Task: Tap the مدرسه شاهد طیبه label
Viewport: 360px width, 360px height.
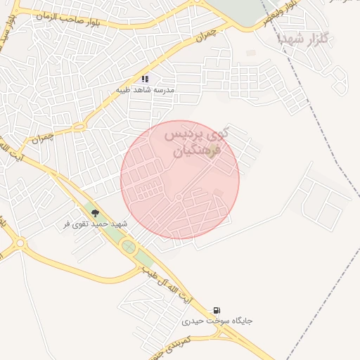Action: click(146, 91)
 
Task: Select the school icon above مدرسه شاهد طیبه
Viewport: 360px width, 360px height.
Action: click(145, 79)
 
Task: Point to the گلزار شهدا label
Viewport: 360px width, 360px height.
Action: click(304, 39)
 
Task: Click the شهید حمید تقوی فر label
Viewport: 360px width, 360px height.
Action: click(95, 224)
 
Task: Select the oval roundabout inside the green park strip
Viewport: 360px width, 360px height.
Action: click(128, 246)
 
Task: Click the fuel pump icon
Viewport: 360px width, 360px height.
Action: click(217, 310)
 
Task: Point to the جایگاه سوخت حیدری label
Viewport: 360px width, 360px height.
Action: click(217, 321)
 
